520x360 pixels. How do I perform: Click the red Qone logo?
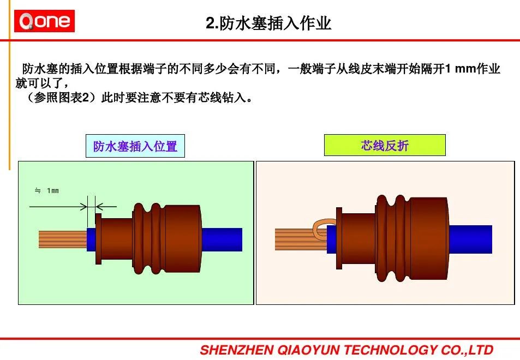pyautogui.click(x=44, y=21)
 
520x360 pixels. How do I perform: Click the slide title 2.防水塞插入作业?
pyautogui.click(x=268, y=23)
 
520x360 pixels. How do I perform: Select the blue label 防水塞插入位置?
pyautogui.click(x=135, y=146)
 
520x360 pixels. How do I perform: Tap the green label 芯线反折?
pyautogui.click(x=385, y=145)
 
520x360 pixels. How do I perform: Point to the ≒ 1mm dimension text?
pyautogui.click(x=47, y=190)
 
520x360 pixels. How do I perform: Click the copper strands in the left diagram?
pyautogui.click(x=63, y=239)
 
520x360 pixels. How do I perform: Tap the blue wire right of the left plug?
pyautogui.click(x=222, y=239)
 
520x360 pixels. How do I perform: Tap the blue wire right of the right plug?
pyautogui.click(x=470, y=239)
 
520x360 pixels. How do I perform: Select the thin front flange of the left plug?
pyautogui.click(x=98, y=239)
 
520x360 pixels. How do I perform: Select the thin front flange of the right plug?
pyautogui.click(x=339, y=238)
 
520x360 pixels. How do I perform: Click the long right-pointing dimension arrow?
pyautogui.click(x=58, y=207)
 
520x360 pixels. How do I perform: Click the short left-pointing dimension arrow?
pyautogui.click(x=106, y=207)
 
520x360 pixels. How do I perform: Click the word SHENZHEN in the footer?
pyautogui.click(x=237, y=350)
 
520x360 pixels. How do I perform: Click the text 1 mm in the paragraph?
pyautogui.click(x=460, y=69)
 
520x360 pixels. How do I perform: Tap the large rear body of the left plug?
pyautogui.click(x=183, y=239)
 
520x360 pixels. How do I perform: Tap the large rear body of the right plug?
pyautogui.click(x=429, y=239)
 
